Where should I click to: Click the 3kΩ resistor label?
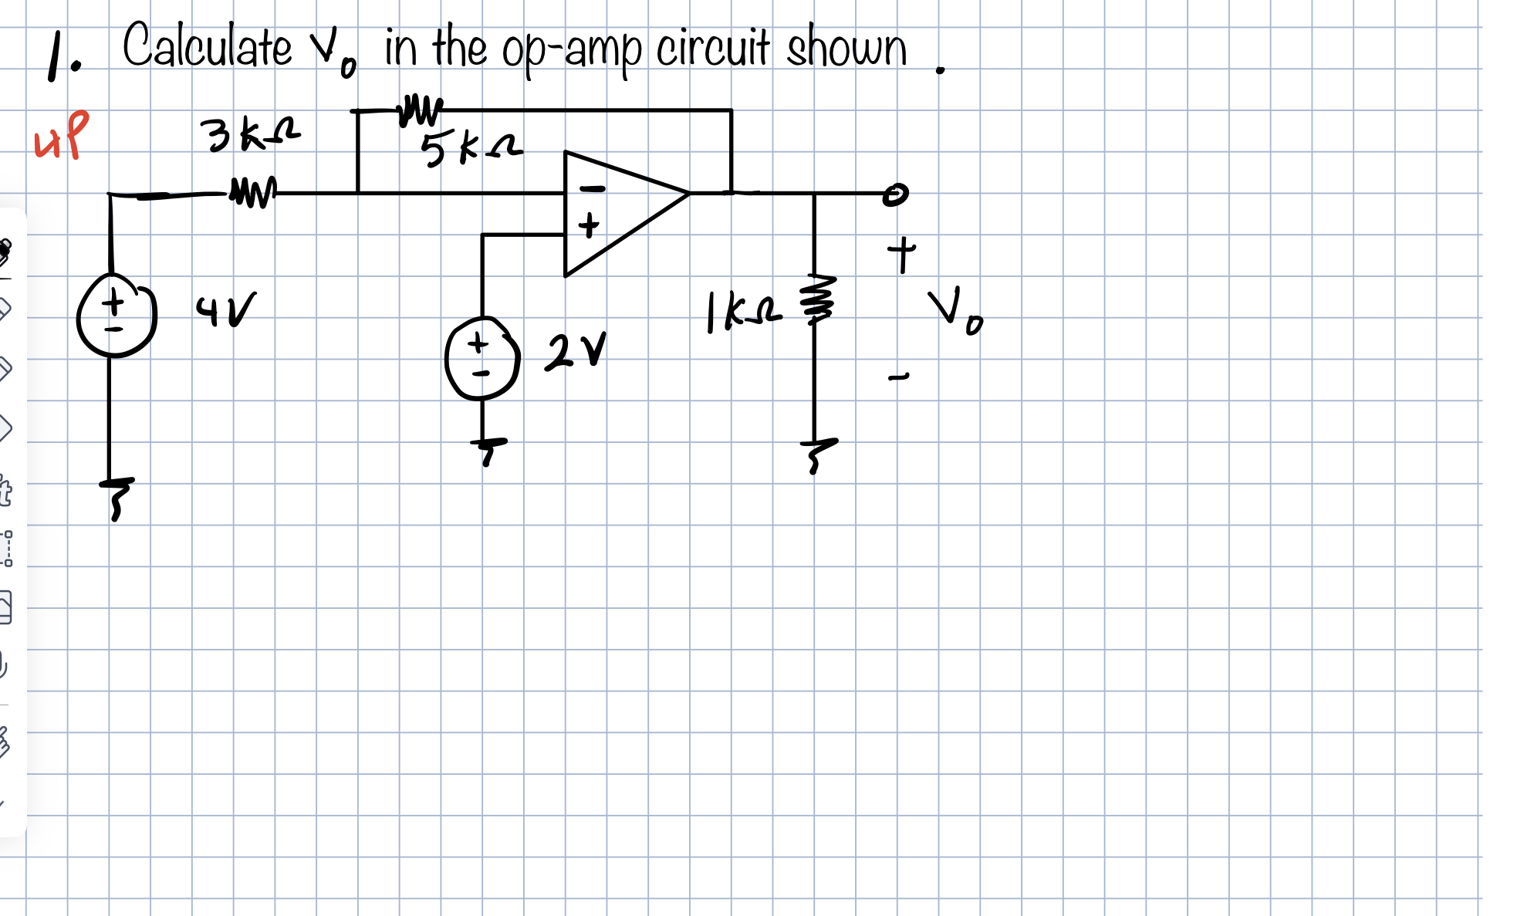point(249,134)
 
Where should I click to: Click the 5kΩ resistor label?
point(471,148)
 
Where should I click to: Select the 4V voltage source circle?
point(116,317)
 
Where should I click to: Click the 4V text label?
point(225,309)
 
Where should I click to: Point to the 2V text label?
point(575,353)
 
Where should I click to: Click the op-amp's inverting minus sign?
point(592,188)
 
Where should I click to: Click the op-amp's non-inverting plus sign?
point(589,226)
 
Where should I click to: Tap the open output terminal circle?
point(895,194)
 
